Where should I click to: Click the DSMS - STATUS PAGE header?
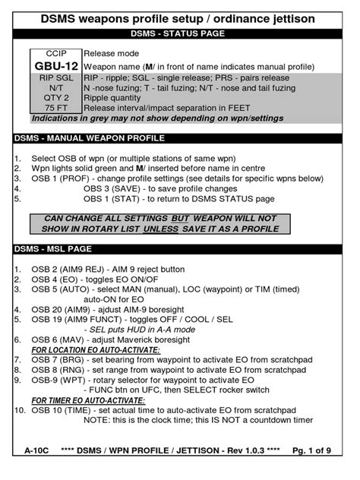click(x=180, y=33)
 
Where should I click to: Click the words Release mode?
click(x=112, y=55)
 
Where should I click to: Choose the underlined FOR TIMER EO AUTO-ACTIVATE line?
click(x=87, y=399)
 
